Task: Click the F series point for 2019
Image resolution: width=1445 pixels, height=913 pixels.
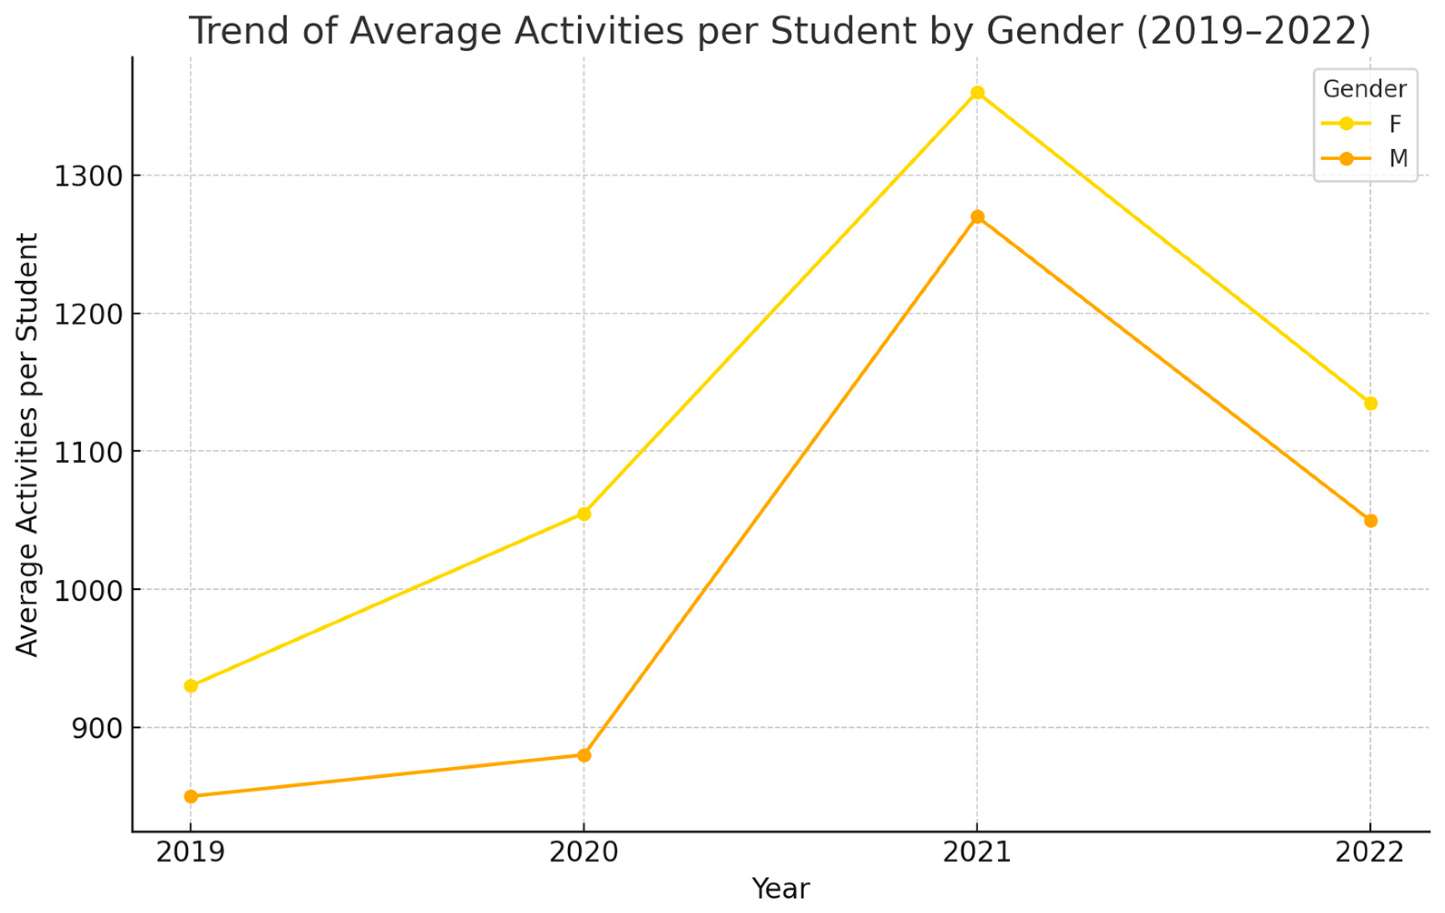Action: pyautogui.click(x=191, y=686)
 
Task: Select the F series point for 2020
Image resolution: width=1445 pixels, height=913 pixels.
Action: pyautogui.click(x=584, y=514)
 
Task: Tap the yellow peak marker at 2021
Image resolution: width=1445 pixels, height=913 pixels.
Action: pyautogui.click(x=977, y=93)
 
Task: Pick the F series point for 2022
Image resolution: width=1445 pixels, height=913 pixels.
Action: pyautogui.click(x=1371, y=403)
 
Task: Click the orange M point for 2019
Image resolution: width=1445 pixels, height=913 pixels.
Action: pyautogui.click(x=191, y=796)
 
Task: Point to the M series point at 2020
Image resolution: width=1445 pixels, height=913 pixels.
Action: pyautogui.click(x=584, y=755)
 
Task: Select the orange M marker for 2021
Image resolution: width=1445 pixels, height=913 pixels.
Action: pyautogui.click(x=977, y=217)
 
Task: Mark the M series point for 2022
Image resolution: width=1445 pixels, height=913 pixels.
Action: pyautogui.click(x=1371, y=520)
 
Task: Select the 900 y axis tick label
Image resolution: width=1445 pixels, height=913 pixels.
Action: pyautogui.click(x=97, y=729)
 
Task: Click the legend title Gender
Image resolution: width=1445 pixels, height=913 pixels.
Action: pyautogui.click(x=1365, y=89)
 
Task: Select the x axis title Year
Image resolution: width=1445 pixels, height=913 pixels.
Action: pyautogui.click(x=781, y=889)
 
